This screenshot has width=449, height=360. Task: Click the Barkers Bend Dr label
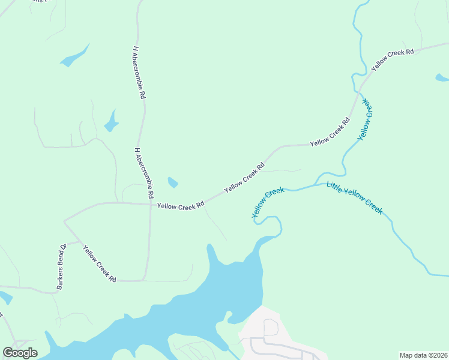[61, 267]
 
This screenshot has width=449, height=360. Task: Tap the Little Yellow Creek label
[354, 197]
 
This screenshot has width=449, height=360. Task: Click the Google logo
[20, 352]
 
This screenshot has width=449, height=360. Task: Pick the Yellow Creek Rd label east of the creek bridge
[393, 61]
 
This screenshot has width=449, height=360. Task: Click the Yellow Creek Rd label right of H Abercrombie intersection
[181, 205]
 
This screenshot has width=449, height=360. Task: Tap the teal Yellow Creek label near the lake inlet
[267, 202]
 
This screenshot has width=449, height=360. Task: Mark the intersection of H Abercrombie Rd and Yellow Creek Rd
[149, 204]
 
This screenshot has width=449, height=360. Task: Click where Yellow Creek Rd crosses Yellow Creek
[360, 92]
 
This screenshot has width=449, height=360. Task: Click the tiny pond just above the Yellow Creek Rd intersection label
[172, 182]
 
